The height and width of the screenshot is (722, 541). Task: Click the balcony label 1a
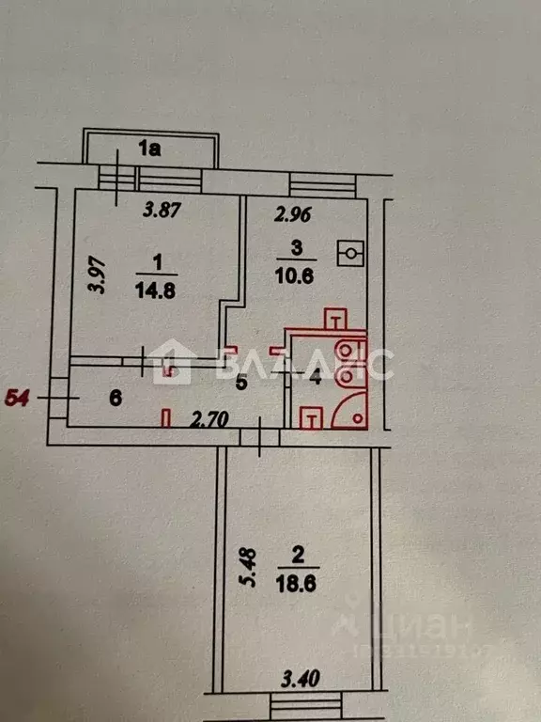[x=150, y=149]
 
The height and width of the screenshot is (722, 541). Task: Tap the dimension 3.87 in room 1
[x=161, y=210]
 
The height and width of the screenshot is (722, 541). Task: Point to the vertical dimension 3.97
[x=99, y=276]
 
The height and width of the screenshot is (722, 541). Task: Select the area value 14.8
[x=155, y=291]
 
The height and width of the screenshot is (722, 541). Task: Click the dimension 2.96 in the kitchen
[x=293, y=215]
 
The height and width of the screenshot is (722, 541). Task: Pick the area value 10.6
[x=294, y=276]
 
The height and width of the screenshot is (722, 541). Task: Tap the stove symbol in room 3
[x=351, y=253]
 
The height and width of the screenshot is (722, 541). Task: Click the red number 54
[x=17, y=398]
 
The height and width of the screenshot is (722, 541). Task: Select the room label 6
[x=115, y=398]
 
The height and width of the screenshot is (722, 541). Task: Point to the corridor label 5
[x=241, y=384]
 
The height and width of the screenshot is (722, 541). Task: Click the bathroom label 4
[x=316, y=379]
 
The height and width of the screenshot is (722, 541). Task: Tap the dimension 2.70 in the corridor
[x=210, y=419]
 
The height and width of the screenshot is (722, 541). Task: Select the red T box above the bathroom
[x=336, y=319]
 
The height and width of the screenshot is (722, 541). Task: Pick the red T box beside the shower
[x=311, y=418]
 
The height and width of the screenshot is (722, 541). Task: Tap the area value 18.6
[x=297, y=584]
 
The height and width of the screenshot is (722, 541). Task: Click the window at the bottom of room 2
[x=305, y=703]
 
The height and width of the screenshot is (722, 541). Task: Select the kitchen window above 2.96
[x=323, y=185]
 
